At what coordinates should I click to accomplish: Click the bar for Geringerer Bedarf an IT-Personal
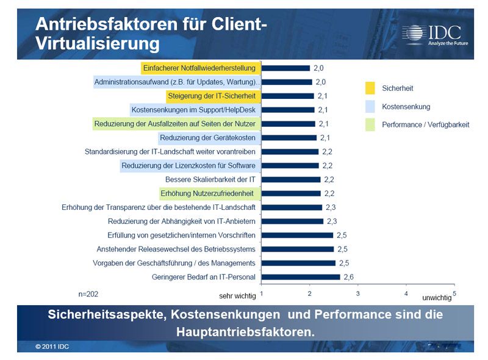click(301, 277)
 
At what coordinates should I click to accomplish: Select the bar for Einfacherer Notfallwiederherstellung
click(285, 68)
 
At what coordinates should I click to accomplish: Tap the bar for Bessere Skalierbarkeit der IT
click(291, 179)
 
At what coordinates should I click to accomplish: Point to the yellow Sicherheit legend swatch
click(370, 88)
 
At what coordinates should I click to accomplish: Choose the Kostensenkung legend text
click(406, 107)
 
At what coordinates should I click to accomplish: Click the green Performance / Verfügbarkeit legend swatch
click(370, 124)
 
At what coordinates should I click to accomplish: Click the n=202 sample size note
click(88, 294)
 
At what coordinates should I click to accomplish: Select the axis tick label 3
click(358, 294)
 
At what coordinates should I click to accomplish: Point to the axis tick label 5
click(454, 294)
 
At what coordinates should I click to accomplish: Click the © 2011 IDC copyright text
click(52, 347)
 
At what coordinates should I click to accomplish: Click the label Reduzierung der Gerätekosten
click(207, 137)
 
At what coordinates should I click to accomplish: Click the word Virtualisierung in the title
click(98, 44)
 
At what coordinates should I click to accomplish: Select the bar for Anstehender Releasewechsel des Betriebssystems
click(298, 249)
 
